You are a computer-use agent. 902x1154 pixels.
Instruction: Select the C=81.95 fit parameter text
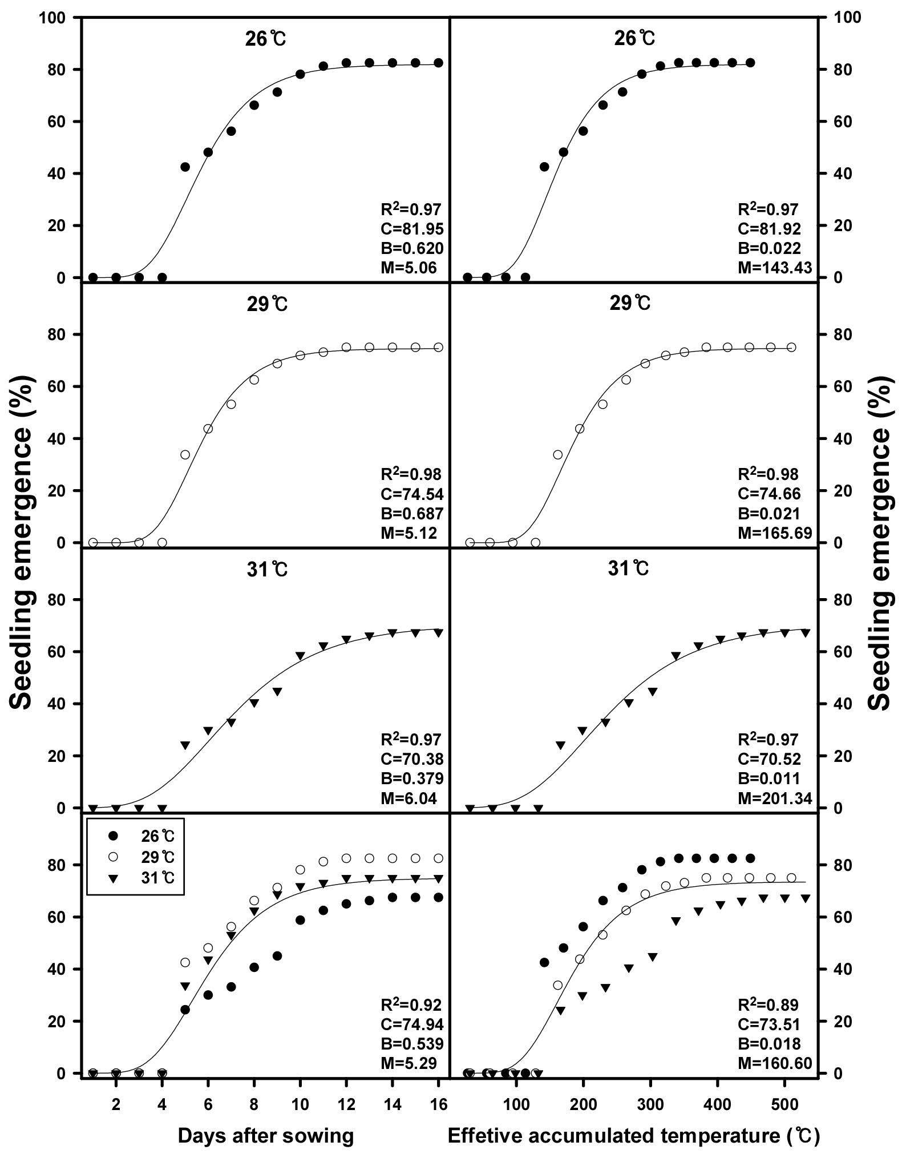click(x=412, y=229)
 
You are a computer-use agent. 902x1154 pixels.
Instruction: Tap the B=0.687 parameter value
click(x=412, y=513)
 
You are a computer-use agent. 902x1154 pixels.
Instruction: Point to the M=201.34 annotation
click(x=775, y=798)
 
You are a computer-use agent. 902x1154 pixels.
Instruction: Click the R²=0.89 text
click(x=768, y=1004)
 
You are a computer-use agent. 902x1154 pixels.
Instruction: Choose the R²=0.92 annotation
click(x=411, y=1004)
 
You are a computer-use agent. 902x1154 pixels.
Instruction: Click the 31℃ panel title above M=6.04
click(x=263, y=569)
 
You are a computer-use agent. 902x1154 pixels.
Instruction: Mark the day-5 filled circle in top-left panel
click(x=185, y=167)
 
